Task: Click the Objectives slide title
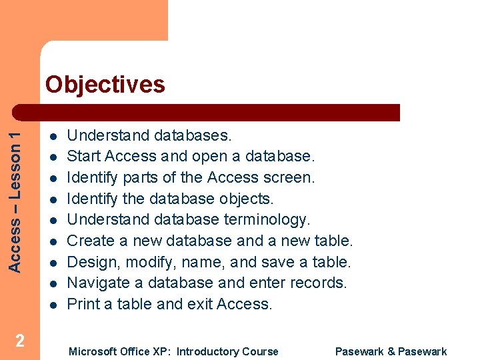coord(105,85)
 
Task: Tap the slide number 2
coord(20,341)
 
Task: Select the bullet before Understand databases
coord(53,136)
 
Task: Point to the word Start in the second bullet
coord(84,157)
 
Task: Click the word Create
coord(90,241)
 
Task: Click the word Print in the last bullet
coord(81,304)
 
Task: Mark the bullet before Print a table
coord(53,305)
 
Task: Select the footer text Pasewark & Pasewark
coord(391,351)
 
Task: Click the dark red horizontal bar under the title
coord(220,112)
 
